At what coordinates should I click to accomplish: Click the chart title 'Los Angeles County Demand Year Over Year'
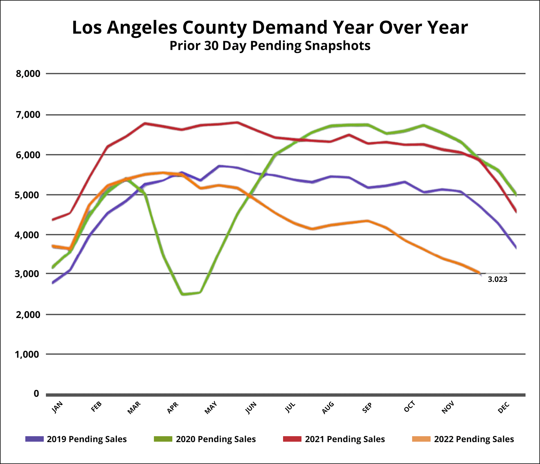point(270,28)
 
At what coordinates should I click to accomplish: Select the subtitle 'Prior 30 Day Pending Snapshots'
point(270,46)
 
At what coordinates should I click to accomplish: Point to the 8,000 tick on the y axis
point(28,74)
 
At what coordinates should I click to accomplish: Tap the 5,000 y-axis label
point(27,195)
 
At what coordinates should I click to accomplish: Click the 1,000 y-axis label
point(27,354)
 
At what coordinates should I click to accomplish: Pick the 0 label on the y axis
point(36,394)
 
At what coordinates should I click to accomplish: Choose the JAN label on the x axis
point(57,407)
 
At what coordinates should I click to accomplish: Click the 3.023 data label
point(497,279)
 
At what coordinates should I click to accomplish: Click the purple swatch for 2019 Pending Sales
point(34,439)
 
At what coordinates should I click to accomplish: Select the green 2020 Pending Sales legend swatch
point(163,439)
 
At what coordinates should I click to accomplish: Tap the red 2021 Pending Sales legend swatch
point(292,439)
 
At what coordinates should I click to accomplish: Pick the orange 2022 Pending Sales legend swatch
point(421,439)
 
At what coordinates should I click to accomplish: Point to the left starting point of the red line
point(53,220)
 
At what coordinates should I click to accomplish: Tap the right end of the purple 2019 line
point(516,248)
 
